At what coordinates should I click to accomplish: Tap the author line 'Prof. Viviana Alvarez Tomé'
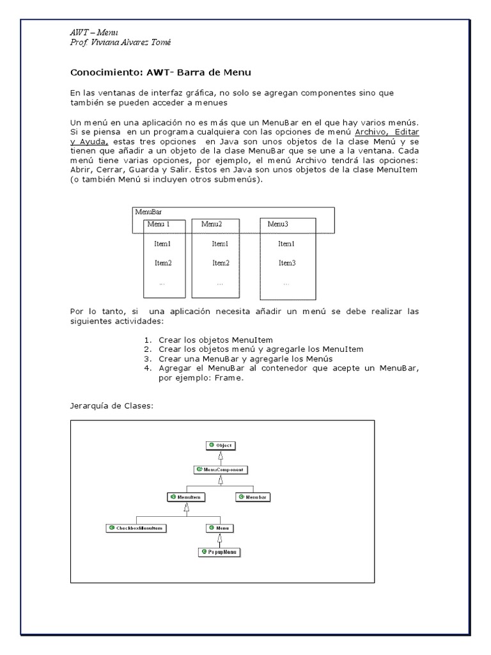tap(120, 42)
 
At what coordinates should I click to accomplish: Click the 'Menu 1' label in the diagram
tap(159, 225)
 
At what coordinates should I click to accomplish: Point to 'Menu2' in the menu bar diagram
tap(212, 225)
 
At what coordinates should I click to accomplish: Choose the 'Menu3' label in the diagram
tap(278, 225)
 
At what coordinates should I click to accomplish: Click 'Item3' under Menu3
tap(286, 263)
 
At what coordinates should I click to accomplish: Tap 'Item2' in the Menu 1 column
tap(163, 263)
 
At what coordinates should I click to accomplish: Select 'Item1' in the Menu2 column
tap(221, 244)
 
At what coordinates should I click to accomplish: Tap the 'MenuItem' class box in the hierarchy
tap(186, 497)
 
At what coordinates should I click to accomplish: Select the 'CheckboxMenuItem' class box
tap(136, 528)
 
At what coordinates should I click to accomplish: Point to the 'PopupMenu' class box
tap(220, 551)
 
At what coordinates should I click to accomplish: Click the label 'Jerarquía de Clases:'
tap(111, 406)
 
